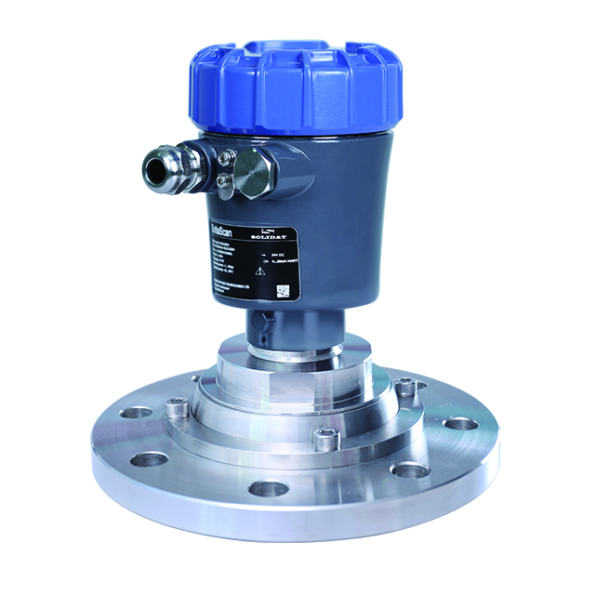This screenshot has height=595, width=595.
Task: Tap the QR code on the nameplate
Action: coord(284,290)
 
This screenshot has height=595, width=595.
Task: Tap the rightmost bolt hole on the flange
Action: coord(458,423)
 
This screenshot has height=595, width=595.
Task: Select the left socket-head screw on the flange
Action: coord(176,405)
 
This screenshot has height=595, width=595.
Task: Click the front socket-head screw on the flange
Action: coord(324,439)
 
